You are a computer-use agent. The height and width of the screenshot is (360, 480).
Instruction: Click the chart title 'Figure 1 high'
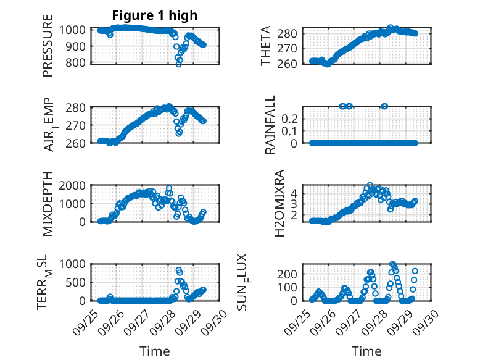(x=154, y=15)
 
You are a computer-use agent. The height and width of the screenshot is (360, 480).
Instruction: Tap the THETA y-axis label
(x=267, y=46)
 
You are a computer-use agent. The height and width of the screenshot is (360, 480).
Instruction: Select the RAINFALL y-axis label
(x=270, y=125)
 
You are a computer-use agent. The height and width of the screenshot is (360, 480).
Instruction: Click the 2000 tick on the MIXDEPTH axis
(x=75, y=185)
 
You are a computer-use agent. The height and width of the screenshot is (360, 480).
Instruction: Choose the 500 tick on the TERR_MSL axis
(x=80, y=282)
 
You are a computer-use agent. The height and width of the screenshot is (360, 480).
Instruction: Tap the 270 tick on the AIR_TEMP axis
(x=80, y=125)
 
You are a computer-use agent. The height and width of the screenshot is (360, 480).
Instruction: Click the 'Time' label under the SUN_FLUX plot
(x=366, y=351)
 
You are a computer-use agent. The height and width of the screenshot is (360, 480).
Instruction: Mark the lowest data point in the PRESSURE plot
(x=179, y=64)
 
